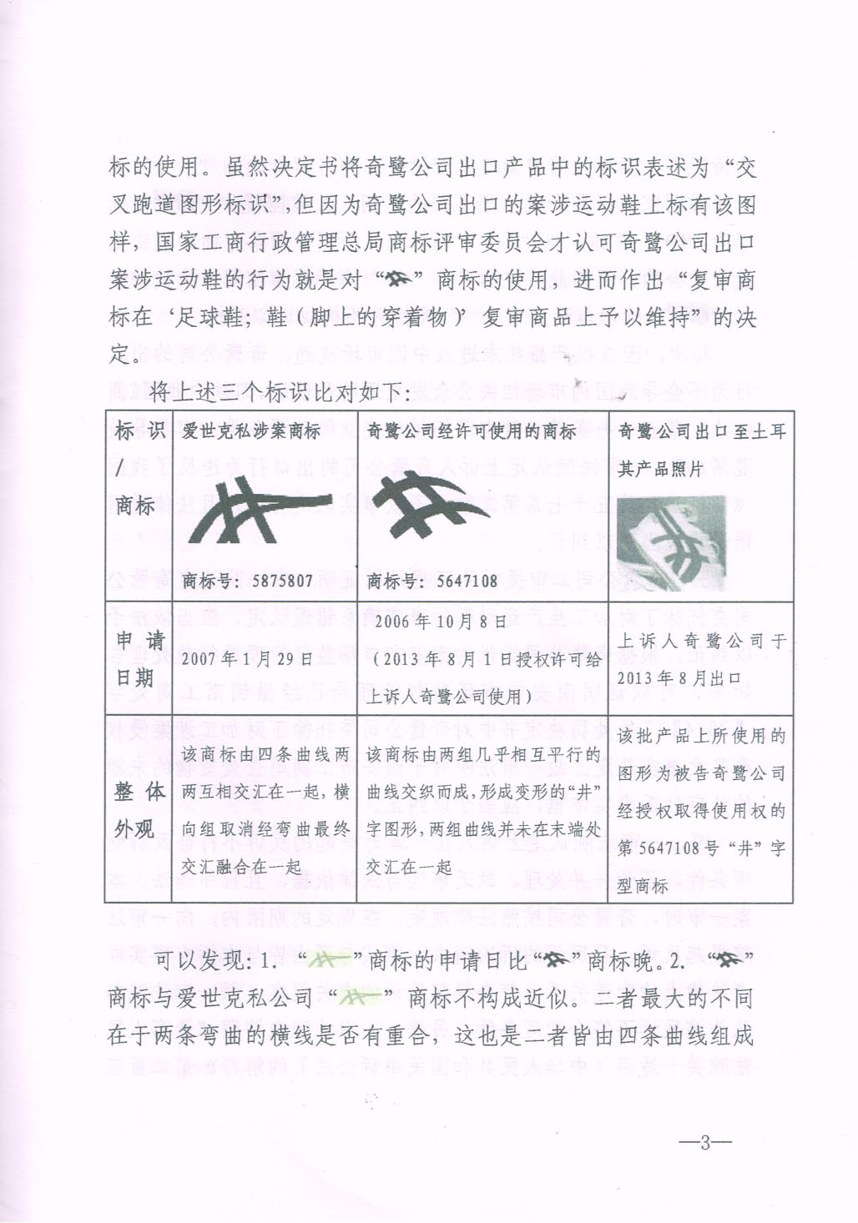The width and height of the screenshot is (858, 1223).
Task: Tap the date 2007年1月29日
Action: point(248,658)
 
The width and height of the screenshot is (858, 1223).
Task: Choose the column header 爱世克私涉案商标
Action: point(252,431)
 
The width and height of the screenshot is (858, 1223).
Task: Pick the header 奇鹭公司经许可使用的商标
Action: point(472,431)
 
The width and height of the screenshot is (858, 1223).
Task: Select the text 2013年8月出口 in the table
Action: point(667,677)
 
